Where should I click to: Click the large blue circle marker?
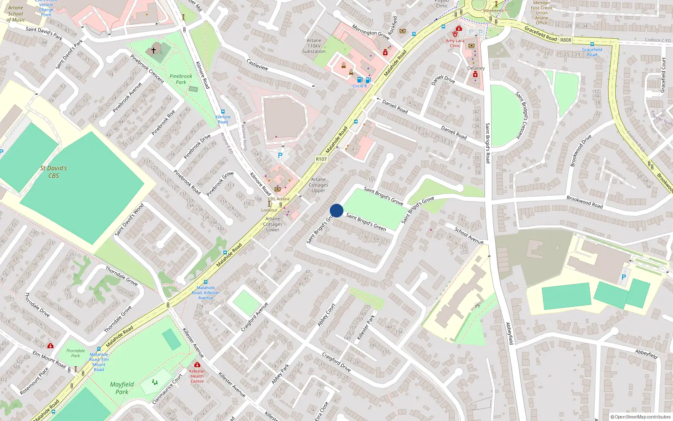click(336, 210)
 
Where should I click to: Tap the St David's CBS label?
click(53, 172)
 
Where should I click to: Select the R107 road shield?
click(321, 159)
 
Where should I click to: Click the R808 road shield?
click(565, 40)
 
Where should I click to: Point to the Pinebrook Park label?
click(181, 79)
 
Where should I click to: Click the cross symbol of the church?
click(154, 50)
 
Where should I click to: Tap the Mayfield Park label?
click(122, 388)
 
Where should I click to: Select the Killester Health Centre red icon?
click(197, 365)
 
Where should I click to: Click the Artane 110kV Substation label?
click(314, 46)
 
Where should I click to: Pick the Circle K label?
click(360, 86)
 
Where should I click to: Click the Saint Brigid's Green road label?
click(366, 221)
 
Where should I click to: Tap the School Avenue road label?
click(469, 235)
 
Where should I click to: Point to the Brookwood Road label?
click(584, 202)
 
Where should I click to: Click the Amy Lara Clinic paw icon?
click(455, 33)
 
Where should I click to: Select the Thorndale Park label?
click(75, 353)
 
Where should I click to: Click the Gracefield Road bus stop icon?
click(592, 44)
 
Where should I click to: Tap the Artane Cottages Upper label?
click(318, 185)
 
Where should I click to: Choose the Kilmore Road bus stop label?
click(223, 120)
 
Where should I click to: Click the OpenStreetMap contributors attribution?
click(640, 417)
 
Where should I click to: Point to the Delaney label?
click(476, 68)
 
